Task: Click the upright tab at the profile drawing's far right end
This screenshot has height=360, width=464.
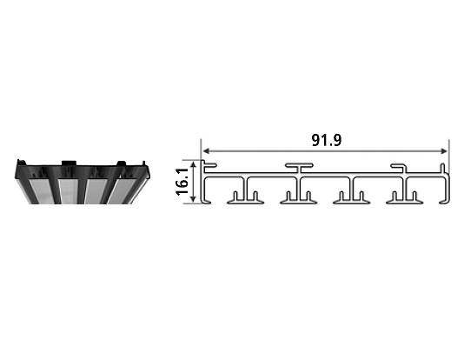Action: [443, 168]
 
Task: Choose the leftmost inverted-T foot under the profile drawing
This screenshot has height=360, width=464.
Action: [244, 198]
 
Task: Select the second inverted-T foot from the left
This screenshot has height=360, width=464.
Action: [297, 198]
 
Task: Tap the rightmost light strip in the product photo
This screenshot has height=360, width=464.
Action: [121, 189]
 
